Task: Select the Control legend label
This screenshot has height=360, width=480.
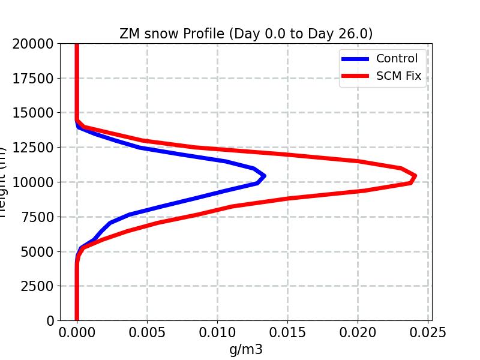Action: point(397,59)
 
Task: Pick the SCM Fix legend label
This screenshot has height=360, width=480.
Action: point(399,76)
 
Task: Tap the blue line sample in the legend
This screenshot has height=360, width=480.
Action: point(355,59)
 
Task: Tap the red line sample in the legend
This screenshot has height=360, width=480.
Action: point(355,76)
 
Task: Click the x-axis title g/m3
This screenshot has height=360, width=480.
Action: point(246,349)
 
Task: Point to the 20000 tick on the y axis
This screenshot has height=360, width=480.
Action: point(35,44)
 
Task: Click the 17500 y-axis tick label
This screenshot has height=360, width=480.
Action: point(35,79)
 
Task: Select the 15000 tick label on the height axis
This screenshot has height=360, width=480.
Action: point(35,113)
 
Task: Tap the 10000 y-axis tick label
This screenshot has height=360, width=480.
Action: point(35,182)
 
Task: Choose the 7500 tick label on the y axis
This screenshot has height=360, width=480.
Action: point(38,217)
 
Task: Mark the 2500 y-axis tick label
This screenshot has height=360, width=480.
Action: point(38,286)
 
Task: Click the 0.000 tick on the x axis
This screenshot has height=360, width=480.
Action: point(77,332)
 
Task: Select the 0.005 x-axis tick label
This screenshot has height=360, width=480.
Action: point(147,332)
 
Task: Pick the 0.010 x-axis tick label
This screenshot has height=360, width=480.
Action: point(217,332)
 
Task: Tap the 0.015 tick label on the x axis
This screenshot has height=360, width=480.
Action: point(287,332)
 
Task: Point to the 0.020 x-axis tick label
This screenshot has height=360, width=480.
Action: point(358,332)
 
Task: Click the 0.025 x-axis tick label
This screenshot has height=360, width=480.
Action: point(428,332)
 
